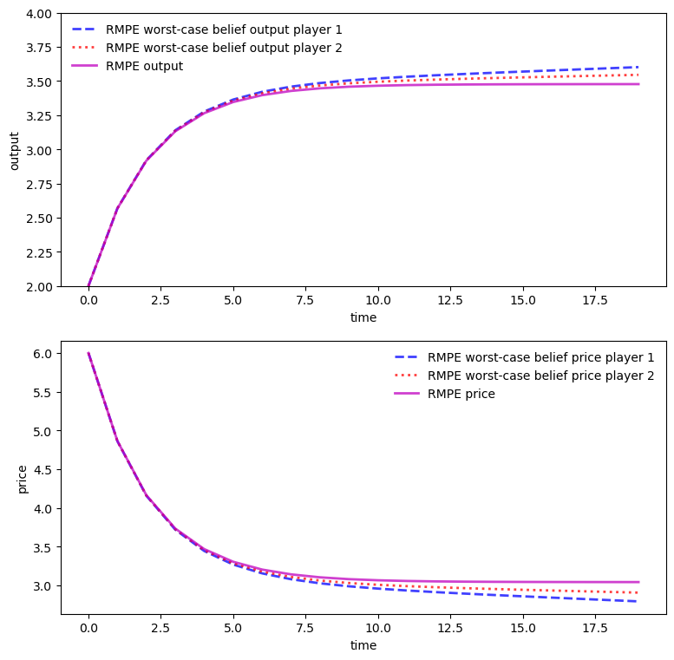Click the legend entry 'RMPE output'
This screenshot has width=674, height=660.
point(144,66)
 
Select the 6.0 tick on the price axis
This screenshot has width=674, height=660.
point(43,354)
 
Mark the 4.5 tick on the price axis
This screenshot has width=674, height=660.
point(43,470)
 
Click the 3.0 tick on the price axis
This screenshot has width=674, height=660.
point(43,586)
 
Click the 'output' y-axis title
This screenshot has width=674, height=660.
point(15,150)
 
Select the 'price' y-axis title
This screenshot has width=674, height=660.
point(23,478)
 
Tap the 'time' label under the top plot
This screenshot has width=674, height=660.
point(363,318)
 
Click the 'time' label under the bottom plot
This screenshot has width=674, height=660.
point(363,646)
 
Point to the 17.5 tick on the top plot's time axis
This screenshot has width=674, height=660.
point(595,300)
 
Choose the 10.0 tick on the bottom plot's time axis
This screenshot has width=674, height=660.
point(377,628)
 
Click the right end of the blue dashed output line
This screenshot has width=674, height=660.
point(638,68)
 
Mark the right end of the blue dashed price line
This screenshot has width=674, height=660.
point(638,601)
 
